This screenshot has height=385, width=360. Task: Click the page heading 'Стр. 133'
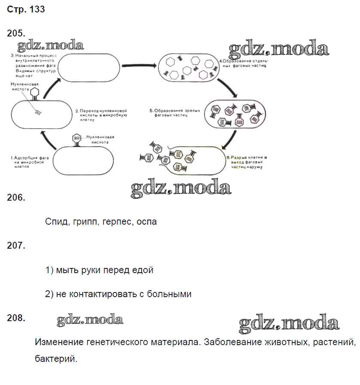[26, 9]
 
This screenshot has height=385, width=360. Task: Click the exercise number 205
[17, 33]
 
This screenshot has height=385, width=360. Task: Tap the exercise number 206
[17, 198]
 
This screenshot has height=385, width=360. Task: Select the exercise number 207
[17, 246]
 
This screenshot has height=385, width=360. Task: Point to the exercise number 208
[17, 318]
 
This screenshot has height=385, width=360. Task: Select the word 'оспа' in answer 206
[146, 222]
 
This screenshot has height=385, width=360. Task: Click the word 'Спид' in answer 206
[56, 222]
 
